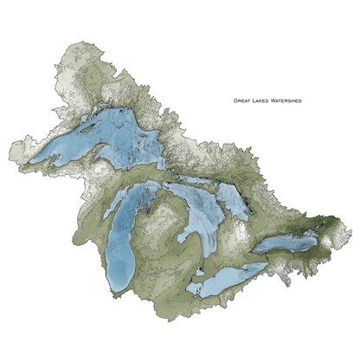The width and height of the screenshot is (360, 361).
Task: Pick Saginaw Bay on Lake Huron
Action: coord(184,232)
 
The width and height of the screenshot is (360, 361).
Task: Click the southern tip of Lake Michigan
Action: coord(116,291)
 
